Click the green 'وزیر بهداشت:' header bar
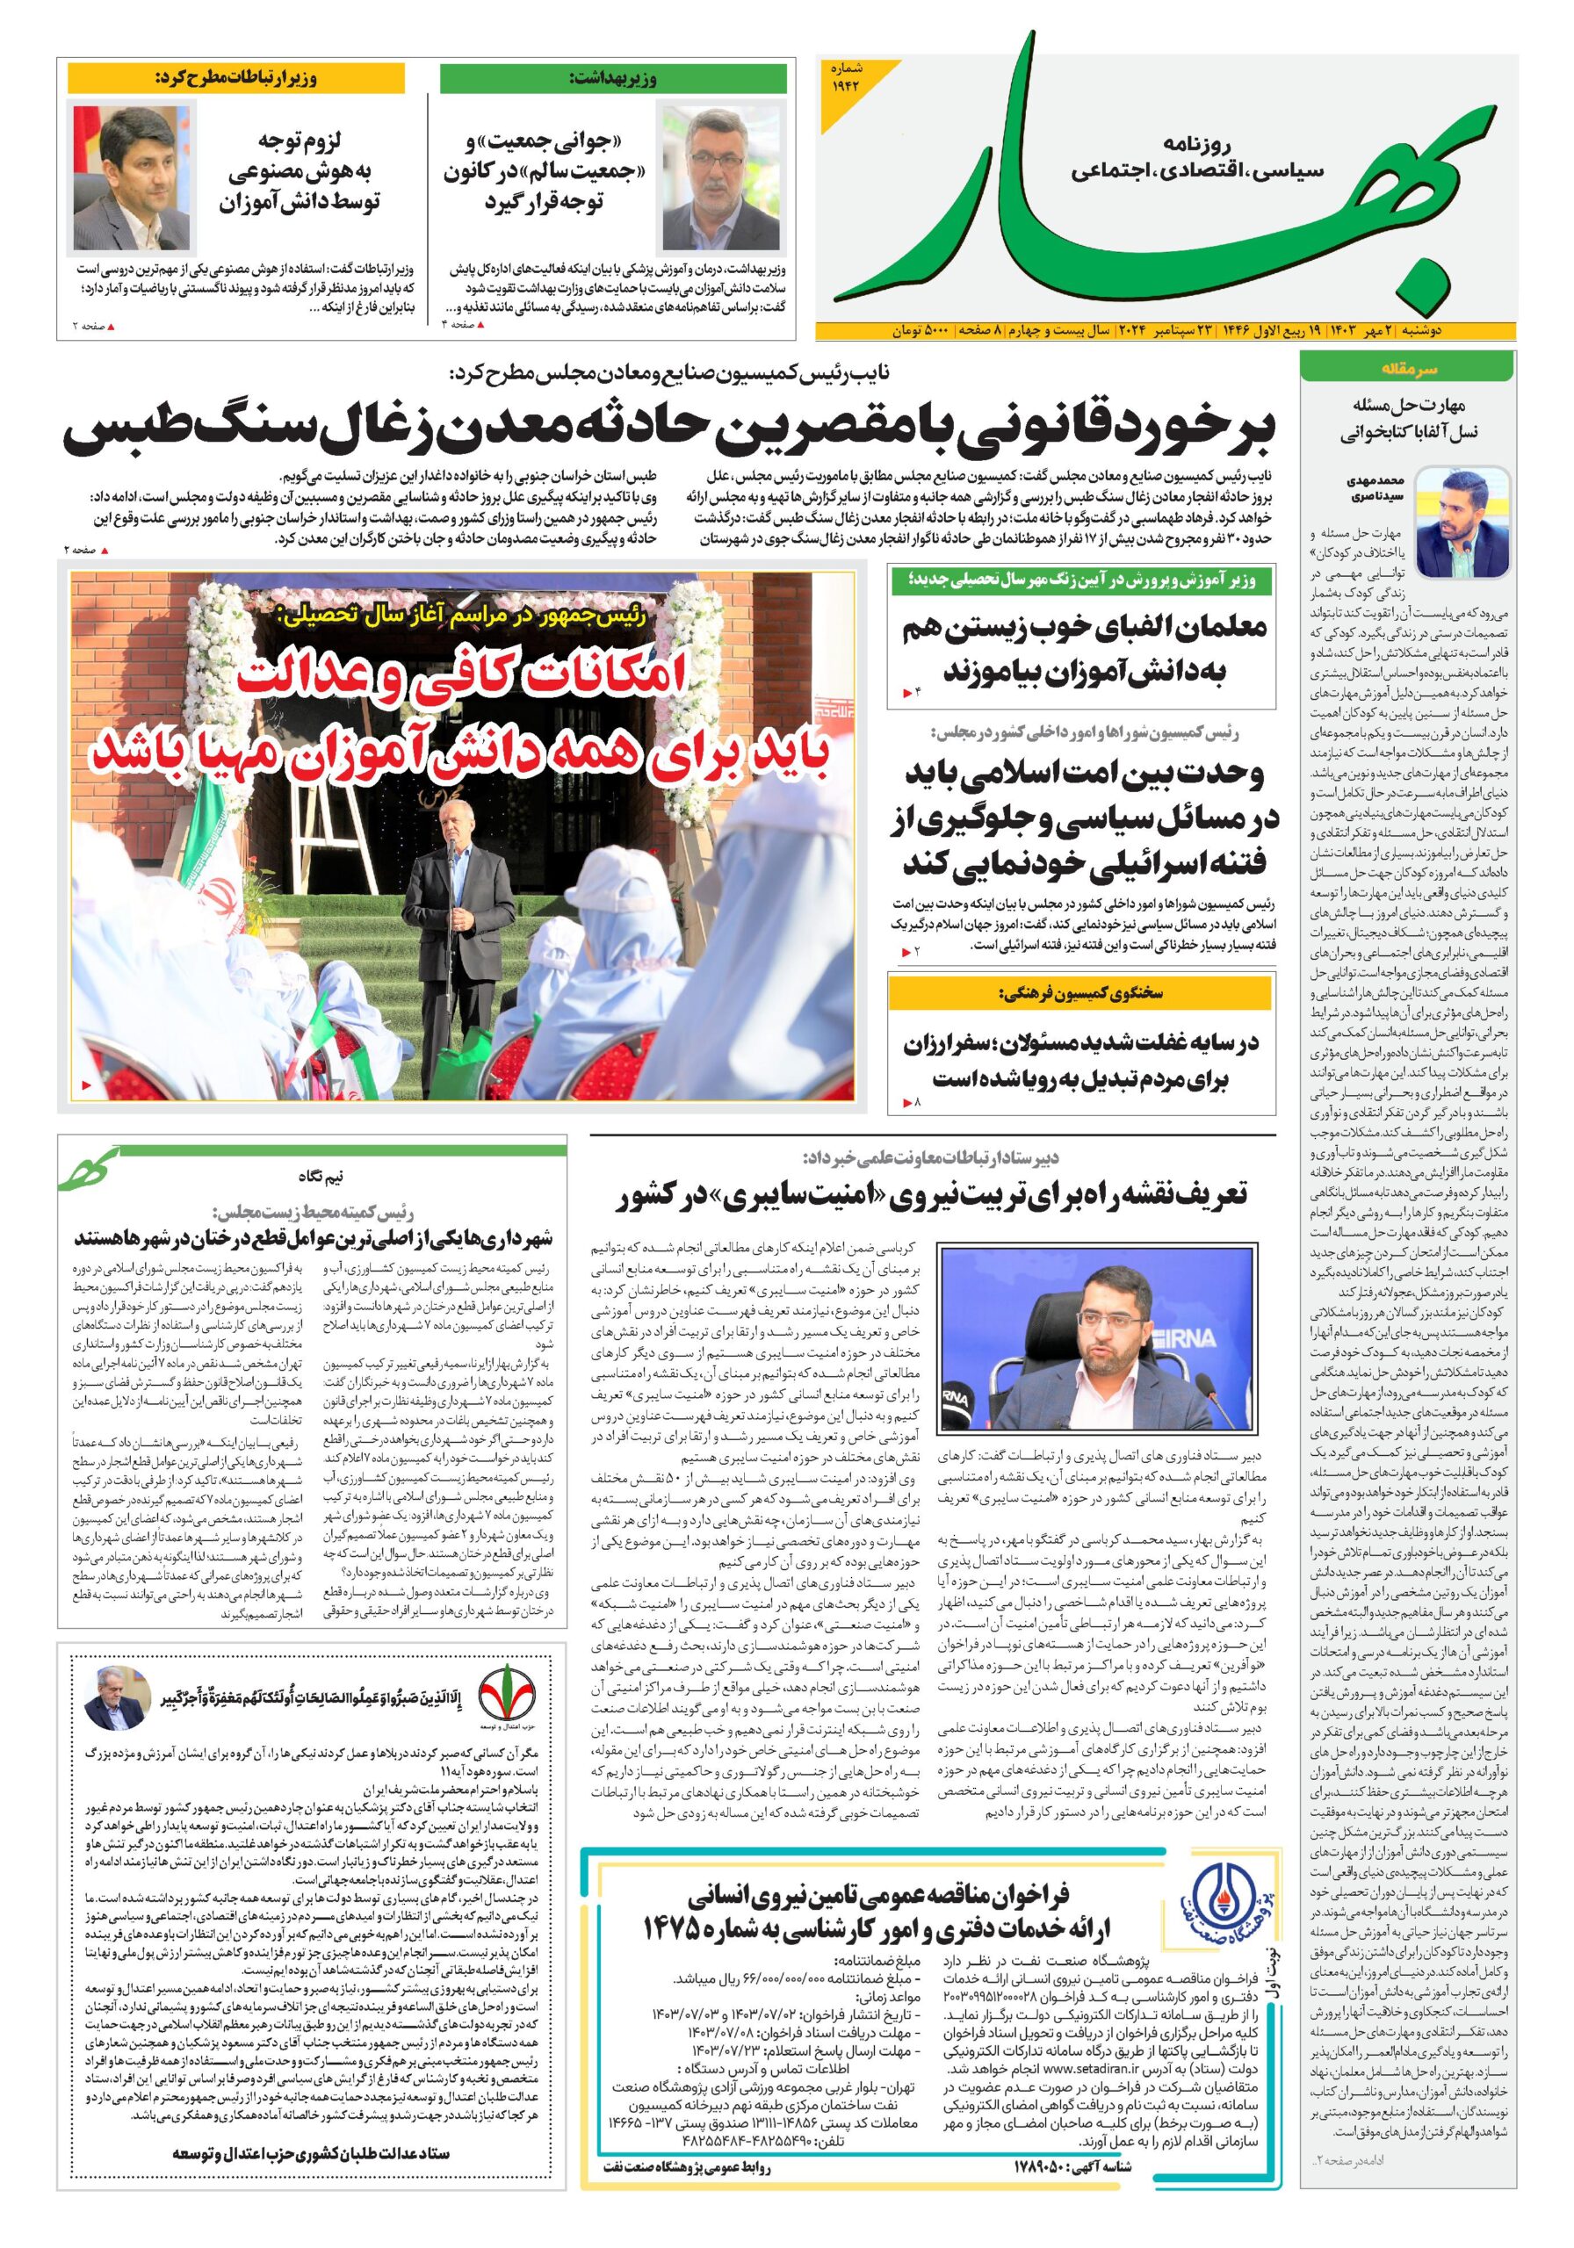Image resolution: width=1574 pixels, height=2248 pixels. pos(614,77)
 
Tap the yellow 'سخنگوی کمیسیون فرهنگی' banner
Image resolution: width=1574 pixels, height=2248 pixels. pos(1080,993)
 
